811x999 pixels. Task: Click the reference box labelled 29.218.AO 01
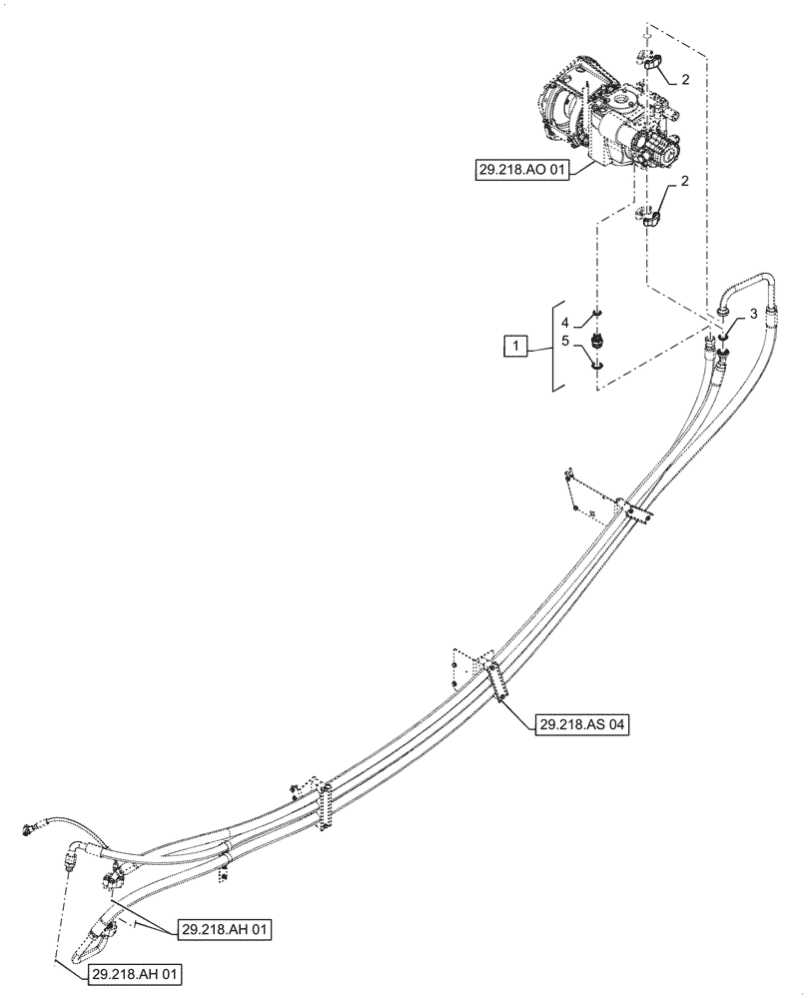521,171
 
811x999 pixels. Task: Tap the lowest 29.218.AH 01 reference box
133,973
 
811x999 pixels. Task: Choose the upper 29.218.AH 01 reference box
225,929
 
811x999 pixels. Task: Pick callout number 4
564,322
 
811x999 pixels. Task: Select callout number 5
564,343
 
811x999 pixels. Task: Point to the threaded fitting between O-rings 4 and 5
597,343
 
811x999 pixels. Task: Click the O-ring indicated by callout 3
722,336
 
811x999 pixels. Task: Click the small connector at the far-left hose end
25,827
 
